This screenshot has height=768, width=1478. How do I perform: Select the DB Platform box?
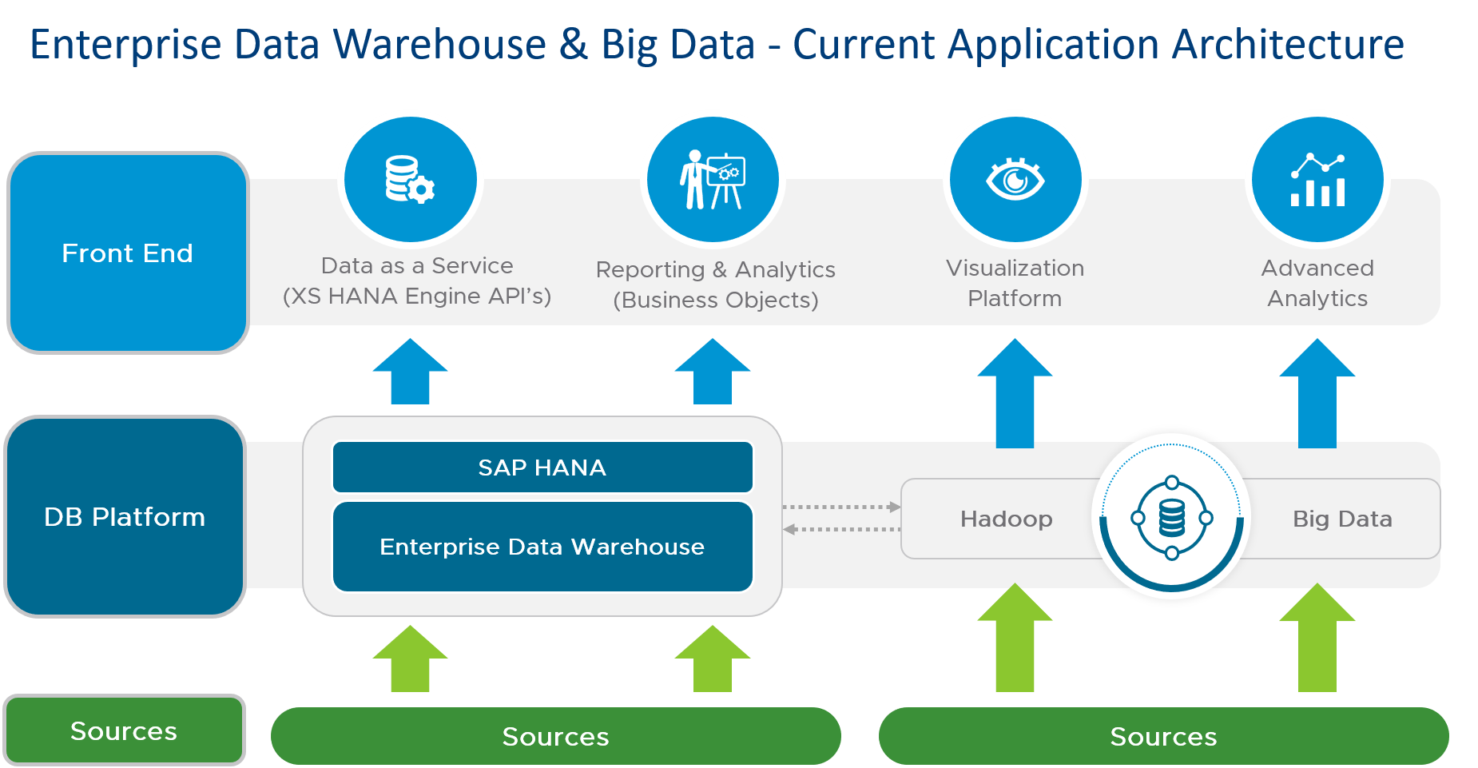click(x=125, y=516)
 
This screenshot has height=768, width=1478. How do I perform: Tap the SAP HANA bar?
click(x=542, y=468)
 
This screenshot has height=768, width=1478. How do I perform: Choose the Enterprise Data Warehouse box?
click(x=542, y=547)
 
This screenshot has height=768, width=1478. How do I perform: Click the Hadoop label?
click(x=1006, y=519)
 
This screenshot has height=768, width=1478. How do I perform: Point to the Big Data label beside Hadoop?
click(x=1342, y=519)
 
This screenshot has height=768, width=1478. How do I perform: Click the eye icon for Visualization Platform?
click(x=1015, y=179)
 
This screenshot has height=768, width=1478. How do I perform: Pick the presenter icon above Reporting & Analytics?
click(x=713, y=179)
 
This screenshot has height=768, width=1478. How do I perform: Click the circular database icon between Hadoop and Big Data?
click(x=1171, y=518)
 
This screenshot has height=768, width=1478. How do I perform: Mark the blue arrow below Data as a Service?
click(x=410, y=372)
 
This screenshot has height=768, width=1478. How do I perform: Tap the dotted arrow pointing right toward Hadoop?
click(x=842, y=507)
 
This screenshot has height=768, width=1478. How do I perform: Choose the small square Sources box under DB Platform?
click(x=124, y=730)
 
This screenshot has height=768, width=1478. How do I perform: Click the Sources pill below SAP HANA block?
click(x=555, y=736)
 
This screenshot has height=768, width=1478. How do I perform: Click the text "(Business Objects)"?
click(x=716, y=300)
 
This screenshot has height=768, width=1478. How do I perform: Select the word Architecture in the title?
click(x=1288, y=45)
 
